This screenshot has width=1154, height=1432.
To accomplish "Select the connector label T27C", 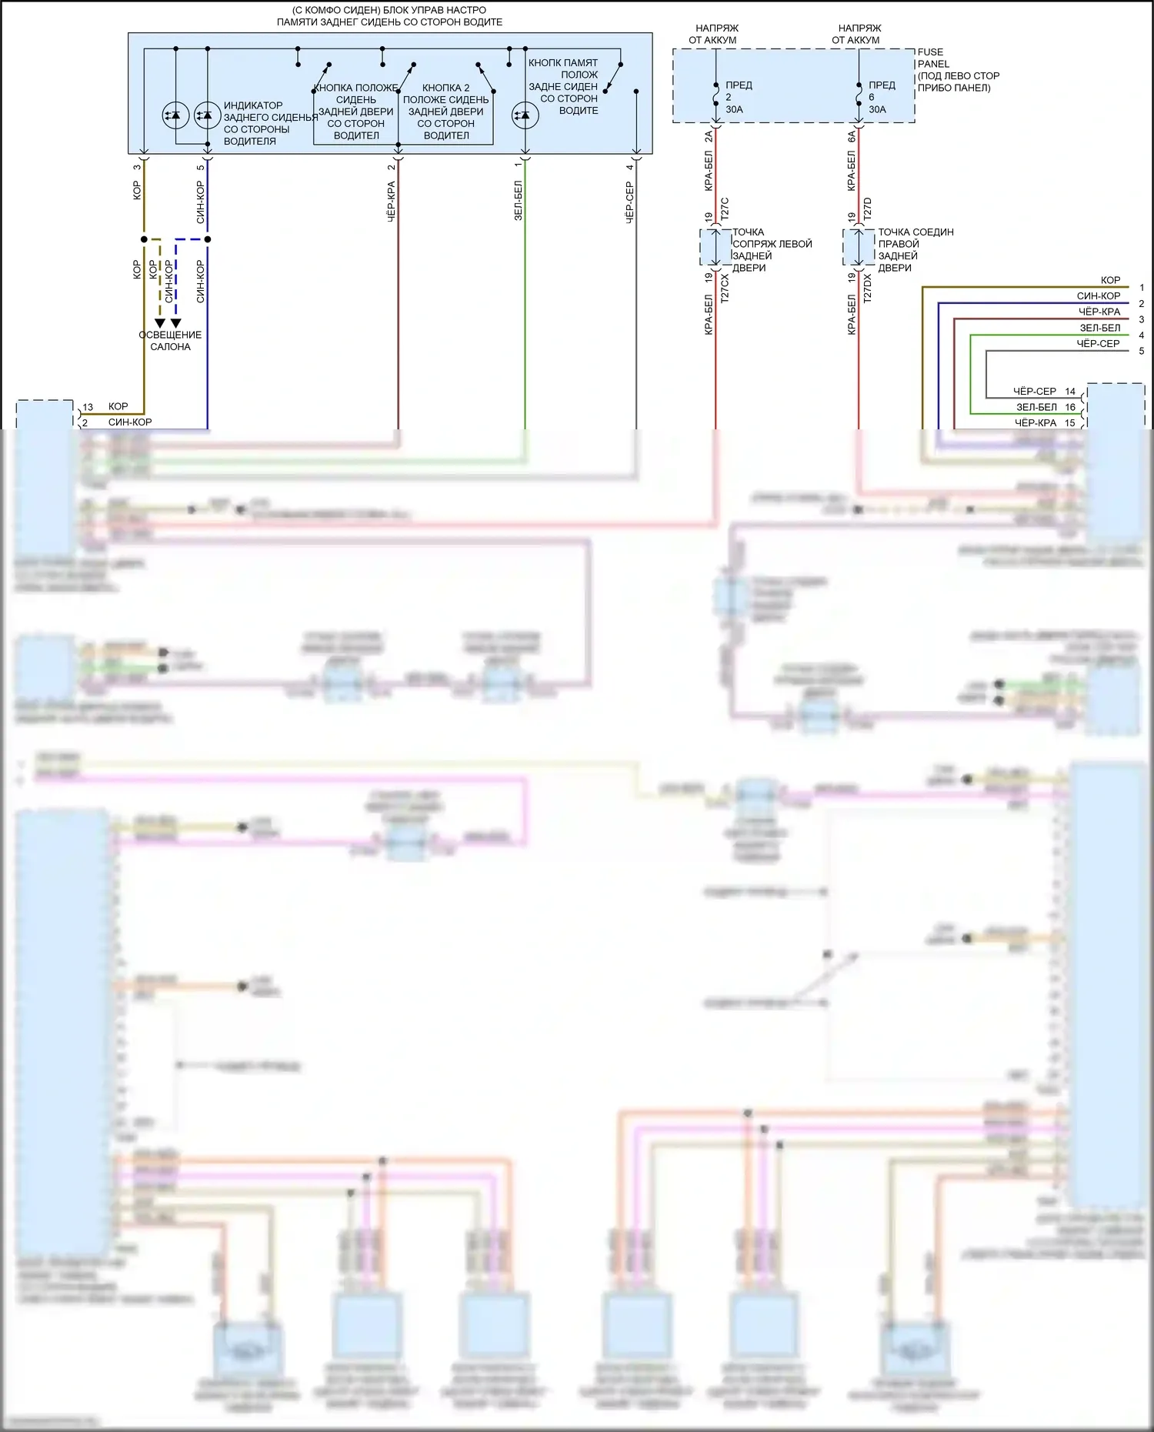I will [725, 209].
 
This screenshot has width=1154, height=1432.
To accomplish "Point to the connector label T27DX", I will [868, 288].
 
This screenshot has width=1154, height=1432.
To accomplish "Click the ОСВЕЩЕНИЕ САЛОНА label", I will [170, 341].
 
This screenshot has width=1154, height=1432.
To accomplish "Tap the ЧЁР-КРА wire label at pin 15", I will [1035, 422].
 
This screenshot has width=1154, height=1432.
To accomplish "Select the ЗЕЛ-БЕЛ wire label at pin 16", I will [1036, 407].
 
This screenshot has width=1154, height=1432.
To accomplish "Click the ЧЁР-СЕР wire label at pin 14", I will [1034, 391].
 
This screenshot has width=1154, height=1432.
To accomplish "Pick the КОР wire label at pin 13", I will [118, 406].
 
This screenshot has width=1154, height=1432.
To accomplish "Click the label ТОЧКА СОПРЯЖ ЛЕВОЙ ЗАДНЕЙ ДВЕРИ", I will [771, 250].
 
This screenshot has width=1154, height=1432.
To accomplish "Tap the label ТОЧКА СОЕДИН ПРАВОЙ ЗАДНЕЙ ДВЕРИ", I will [915, 250].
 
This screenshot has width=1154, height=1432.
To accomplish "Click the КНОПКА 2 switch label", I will [445, 112].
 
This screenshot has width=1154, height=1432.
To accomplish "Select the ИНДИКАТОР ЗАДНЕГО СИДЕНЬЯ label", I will [269, 123].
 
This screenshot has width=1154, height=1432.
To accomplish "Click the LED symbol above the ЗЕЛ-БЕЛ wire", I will [525, 115].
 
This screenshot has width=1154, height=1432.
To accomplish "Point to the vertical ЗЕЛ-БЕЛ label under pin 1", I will [518, 202].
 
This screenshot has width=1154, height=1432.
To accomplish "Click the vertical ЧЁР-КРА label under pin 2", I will [391, 202].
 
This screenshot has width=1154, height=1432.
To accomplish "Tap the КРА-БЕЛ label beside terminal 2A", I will [709, 171].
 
